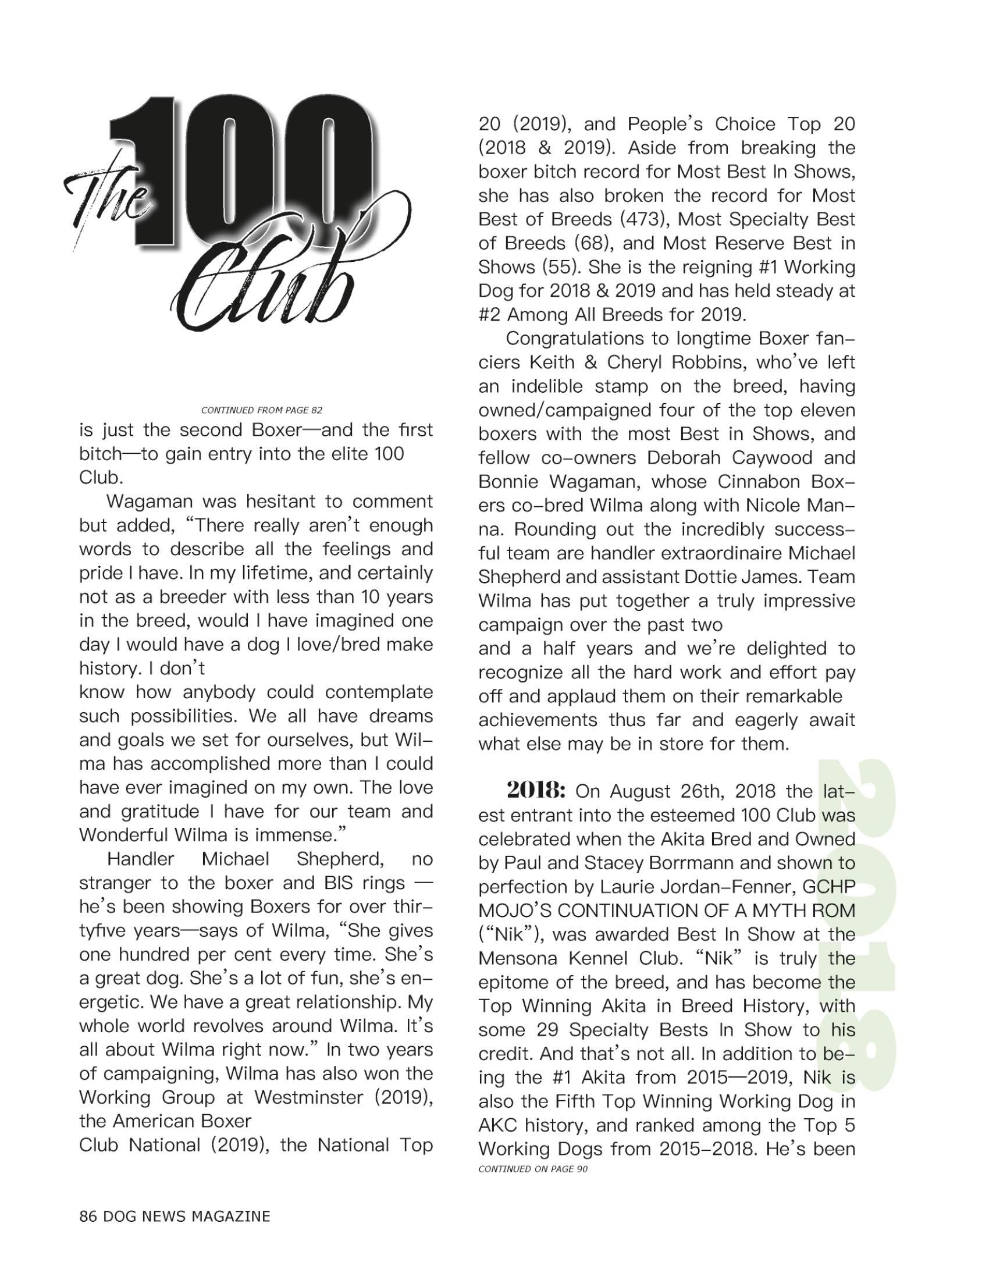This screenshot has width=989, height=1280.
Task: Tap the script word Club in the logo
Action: click(x=264, y=287)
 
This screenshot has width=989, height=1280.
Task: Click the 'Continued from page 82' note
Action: click(x=261, y=410)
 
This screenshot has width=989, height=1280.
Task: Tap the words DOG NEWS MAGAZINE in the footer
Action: click(x=186, y=1215)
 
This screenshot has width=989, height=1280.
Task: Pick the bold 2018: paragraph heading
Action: click(x=535, y=791)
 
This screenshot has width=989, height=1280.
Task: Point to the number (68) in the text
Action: click(x=594, y=243)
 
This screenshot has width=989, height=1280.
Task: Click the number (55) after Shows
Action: click(x=561, y=266)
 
